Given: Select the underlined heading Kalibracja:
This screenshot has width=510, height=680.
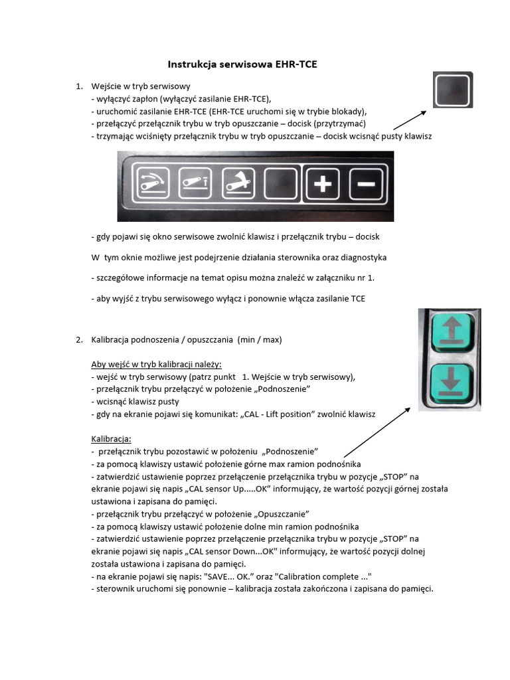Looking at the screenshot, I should (111, 439).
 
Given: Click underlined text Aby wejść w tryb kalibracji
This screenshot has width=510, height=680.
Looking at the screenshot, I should (156, 364).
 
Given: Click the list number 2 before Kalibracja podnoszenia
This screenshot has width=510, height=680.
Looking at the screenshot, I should (78, 339).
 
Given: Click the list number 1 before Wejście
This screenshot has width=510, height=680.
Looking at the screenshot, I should (78, 86).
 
